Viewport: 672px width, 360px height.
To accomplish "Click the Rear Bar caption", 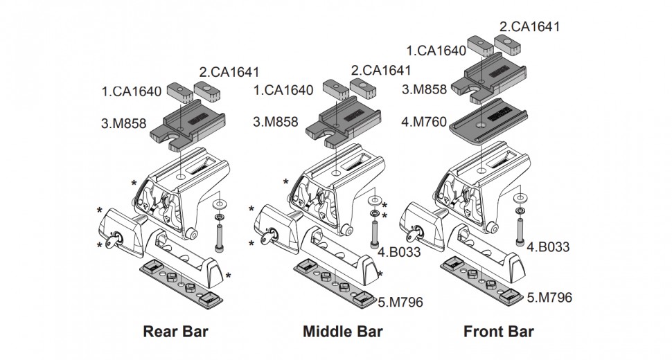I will click(x=175, y=331).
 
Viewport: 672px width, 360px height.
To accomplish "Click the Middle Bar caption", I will click(x=343, y=331).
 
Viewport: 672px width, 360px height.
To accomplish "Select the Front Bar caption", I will click(x=499, y=331).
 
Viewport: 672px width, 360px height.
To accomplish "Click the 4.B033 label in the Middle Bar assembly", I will click(x=400, y=252).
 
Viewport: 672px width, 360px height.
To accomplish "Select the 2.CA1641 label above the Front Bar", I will click(x=529, y=27).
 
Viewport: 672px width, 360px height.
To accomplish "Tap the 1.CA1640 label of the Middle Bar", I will click(x=283, y=90).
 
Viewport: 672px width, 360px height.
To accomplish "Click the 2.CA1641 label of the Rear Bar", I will click(x=229, y=71).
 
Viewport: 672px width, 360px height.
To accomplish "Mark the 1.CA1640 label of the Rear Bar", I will click(x=131, y=90).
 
